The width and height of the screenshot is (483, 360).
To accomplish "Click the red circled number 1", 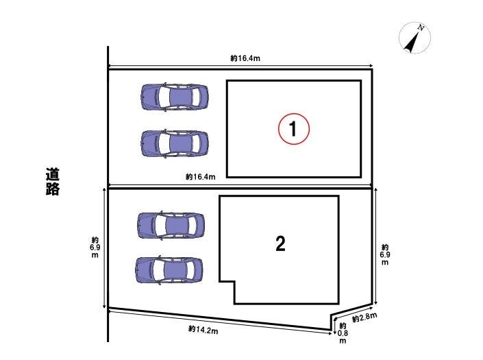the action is click(293, 129).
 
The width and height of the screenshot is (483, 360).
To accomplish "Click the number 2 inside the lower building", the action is click(280, 244).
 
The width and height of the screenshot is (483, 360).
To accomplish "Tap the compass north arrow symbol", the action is click(414, 38).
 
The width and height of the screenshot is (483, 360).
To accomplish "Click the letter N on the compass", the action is click(421, 27).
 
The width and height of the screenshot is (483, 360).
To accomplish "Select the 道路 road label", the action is click(52, 182).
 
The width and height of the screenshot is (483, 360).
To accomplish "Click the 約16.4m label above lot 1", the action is click(245, 58).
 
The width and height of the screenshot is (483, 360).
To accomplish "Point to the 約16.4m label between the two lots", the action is click(201, 177).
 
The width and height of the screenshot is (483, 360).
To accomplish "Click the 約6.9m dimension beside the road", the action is click(95, 247).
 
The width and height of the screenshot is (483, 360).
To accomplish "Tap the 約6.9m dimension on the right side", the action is click(385, 254).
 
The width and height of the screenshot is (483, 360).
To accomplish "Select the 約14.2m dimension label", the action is click(203, 330).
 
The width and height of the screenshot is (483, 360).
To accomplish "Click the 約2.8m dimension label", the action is click(364, 317).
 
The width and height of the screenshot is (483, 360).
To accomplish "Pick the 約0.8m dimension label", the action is click(343, 333).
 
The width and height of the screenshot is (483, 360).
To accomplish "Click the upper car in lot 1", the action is click(175, 97).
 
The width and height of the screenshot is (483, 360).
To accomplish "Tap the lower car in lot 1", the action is click(175, 143).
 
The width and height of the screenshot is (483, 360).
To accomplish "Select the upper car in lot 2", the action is click(171, 226).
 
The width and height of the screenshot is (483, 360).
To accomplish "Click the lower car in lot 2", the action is click(169, 270).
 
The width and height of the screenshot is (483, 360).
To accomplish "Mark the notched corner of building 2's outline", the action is click(234, 281).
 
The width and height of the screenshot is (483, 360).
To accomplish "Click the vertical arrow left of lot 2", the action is click(104, 248).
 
